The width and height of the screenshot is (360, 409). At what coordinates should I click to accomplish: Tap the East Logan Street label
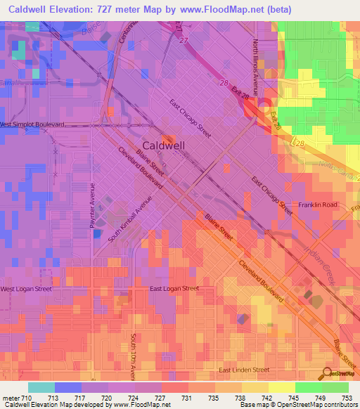(x=174, y=289)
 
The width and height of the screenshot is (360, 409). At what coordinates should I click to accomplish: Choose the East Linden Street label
(x=244, y=370)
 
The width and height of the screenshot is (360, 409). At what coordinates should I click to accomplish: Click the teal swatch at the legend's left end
(x=41, y=387)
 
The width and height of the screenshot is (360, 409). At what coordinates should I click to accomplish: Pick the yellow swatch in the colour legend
(x=281, y=387)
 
